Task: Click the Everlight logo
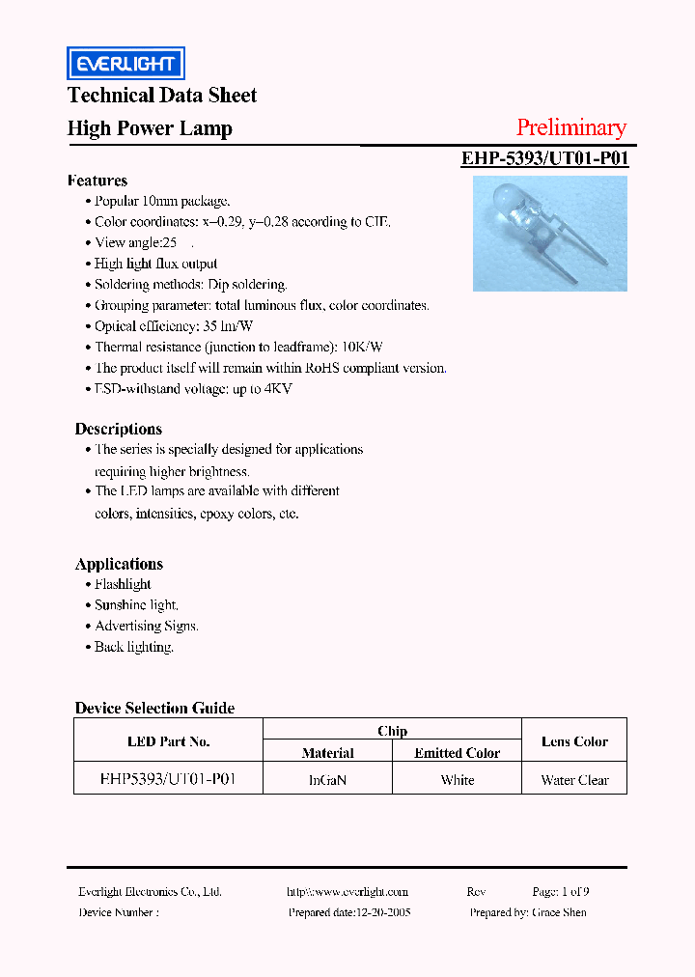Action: point(125,64)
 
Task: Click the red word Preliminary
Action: point(570,127)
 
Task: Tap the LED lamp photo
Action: point(549,233)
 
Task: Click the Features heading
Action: point(97,181)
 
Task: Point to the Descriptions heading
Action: point(119,429)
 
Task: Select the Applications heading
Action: point(119,564)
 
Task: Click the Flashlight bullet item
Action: point(123,584)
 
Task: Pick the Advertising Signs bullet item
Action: point(147,626)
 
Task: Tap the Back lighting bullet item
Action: point(134,647)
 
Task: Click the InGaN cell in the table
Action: point(327,780)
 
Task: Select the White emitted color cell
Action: point(458,780)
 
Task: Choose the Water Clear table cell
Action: point(574,780)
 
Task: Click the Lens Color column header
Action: point(574,741)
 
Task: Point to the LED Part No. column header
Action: point(168,741)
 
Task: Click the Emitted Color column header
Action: point(458,753)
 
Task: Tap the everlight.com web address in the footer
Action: point(347,892)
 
